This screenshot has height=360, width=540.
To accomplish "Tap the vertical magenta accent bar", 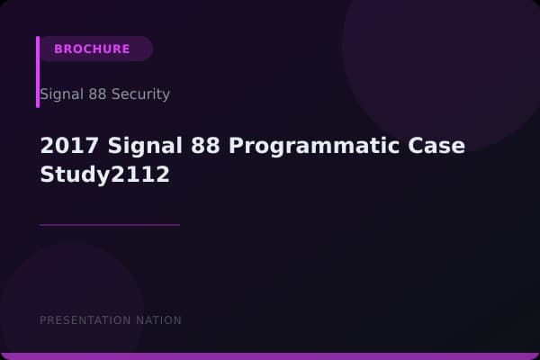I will [38, 72].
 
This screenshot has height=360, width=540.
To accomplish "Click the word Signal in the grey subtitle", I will [58, 94].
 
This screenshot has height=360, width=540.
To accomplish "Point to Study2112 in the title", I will [105, 174].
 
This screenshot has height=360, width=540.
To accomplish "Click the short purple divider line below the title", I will [110, 225].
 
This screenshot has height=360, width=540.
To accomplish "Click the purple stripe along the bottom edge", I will [270, 356].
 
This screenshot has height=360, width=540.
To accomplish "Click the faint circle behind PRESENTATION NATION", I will [72, 297].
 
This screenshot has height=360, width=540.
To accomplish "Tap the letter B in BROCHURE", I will [58, 49].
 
